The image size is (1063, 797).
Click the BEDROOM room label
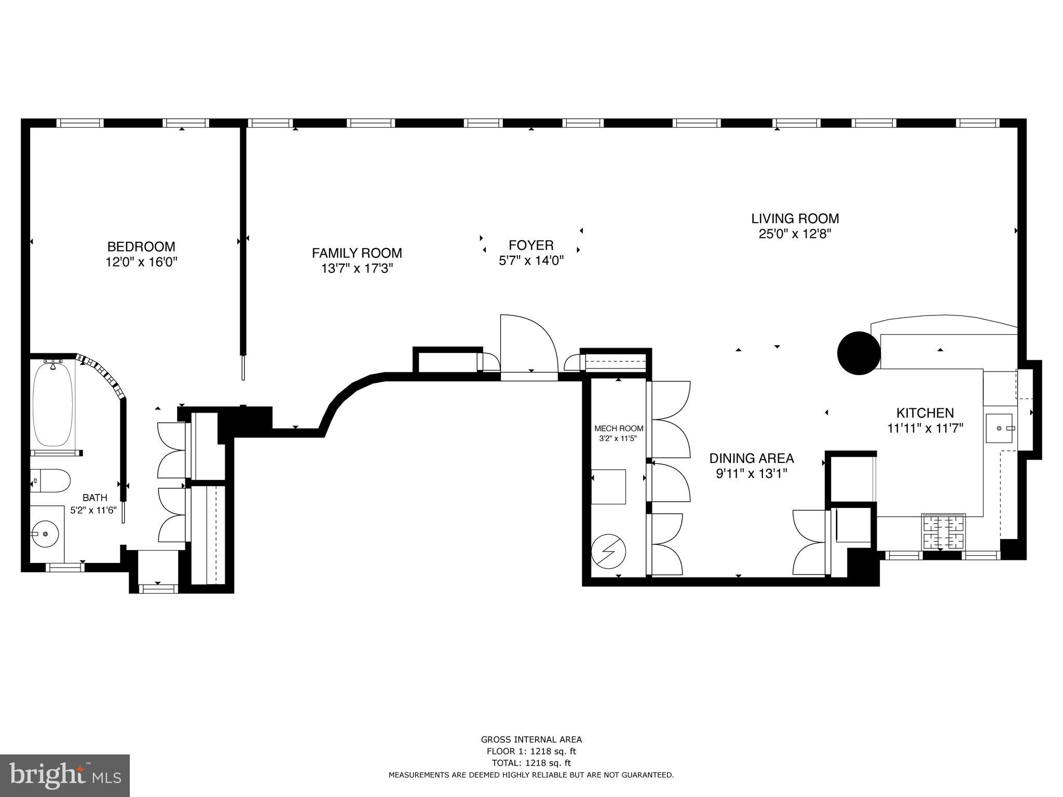(141, 246)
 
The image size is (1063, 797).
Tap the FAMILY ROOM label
(357, 253)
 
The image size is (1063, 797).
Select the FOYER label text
(531, 245)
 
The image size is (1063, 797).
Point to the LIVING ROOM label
(795, 218)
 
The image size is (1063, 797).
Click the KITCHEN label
(925, 413)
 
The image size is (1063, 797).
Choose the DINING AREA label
(752, 458)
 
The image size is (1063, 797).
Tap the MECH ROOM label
(619, 429)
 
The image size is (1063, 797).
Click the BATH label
(95, 498)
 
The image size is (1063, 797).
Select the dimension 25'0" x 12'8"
(795, 234)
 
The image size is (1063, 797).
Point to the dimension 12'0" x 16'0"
(141, 262)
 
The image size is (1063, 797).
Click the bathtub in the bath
(52, 405)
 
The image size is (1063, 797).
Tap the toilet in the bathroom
(50, 481)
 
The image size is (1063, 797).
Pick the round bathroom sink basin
(44, 533)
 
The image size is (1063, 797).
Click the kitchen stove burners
(943, 532)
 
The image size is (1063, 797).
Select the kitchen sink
(1000, 429)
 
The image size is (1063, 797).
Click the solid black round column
(858, 353)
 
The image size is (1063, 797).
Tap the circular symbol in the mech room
(608, 552)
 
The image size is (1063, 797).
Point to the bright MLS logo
(65, 776)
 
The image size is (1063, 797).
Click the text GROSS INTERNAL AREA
(531, 740)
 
